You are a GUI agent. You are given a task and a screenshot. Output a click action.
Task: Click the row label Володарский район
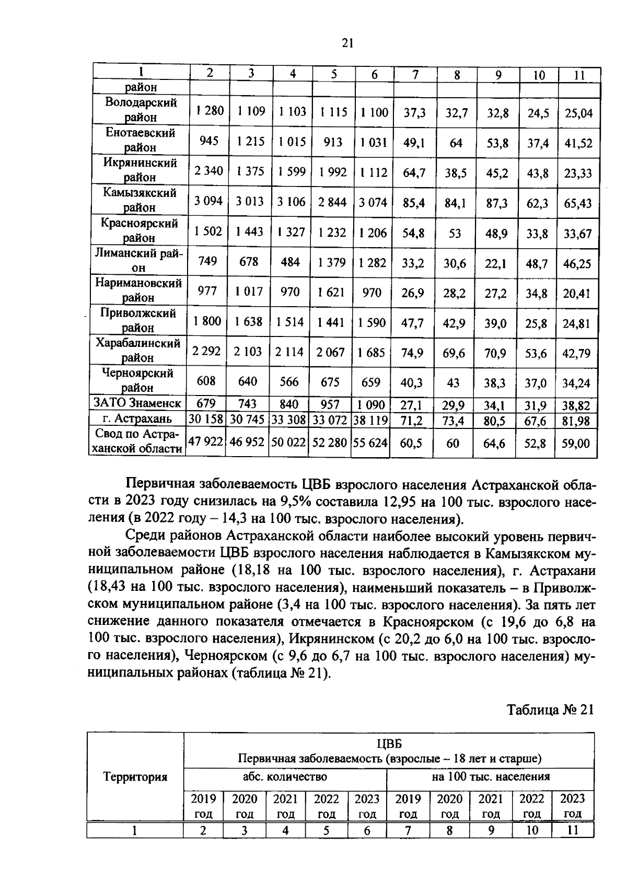(140, 110)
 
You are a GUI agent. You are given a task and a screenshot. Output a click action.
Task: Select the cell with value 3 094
(208, 202)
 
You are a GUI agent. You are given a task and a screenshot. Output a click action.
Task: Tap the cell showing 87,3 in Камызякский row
(497, 203)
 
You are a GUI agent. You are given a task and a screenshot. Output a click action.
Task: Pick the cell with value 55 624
(370, 443)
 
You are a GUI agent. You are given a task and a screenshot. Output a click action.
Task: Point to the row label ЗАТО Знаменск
(137, 403)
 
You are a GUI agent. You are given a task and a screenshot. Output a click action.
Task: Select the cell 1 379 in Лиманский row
(332, 262)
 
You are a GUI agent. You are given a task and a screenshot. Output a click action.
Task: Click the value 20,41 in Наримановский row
(577, 294)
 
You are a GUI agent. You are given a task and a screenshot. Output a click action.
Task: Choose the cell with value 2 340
(208, 171)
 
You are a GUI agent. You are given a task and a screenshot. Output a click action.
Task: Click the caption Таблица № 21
(550, 710)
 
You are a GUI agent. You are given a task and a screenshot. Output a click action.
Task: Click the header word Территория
(135, 777)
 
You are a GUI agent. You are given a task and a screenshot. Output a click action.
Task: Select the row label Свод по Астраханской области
(137, 441)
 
